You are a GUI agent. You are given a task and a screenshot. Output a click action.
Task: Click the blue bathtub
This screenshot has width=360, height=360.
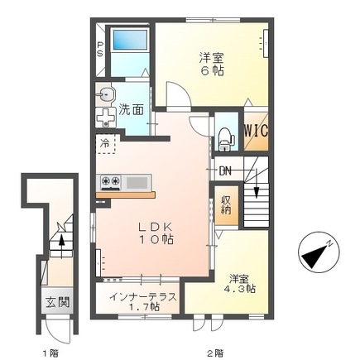[x=130, y=40]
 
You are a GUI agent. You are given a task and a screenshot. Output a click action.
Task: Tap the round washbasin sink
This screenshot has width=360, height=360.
[x=105, y=95]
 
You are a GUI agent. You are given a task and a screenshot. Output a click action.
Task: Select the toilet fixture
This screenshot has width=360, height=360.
[x=226, y=140]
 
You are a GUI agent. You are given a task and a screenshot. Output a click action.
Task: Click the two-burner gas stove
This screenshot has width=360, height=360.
[x=111, y=182]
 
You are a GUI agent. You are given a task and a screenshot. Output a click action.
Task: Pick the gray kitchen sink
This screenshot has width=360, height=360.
[x=137, y=182]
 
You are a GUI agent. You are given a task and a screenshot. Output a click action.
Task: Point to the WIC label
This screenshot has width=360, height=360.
[x=256, y=131]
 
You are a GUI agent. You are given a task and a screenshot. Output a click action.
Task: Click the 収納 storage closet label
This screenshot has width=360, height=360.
[x=226, y=205]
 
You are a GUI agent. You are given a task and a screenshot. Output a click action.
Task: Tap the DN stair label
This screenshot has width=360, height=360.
[x=225, y=171]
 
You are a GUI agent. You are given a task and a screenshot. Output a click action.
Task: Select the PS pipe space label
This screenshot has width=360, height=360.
[x=100, y=49]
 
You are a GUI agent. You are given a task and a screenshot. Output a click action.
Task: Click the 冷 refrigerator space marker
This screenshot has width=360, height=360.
[x=105, y=143]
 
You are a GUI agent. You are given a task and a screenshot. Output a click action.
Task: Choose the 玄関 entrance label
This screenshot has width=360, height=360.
[x=57, y=303]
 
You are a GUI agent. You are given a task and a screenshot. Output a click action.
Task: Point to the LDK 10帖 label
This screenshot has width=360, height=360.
[x=156, y=233]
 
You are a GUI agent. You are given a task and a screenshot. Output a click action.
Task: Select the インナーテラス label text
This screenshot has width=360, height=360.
[x=143, y=297]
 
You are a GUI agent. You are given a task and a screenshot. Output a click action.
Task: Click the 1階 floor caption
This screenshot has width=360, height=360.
[x=50, y=345]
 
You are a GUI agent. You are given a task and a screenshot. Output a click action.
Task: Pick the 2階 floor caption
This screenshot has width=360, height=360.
[x=215, y=345]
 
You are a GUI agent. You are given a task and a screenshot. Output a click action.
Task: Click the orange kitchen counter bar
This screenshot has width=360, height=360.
[x=125, y=194]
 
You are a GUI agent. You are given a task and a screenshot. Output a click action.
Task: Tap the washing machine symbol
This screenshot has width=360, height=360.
[x=106, y=118]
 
